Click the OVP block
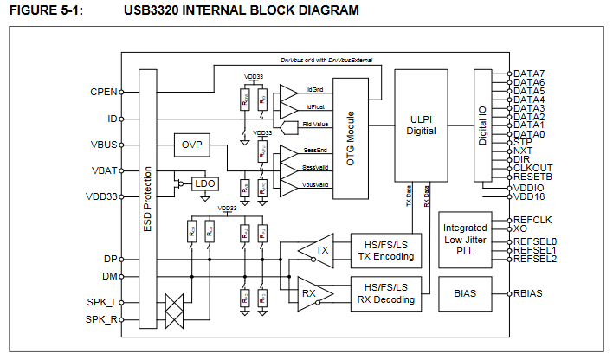[191, 145]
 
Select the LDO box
[204, 183]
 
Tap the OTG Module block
[351, 141]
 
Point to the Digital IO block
[483, 125]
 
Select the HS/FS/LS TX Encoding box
[382, 250]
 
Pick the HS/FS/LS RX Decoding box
[382, 294]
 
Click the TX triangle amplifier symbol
[318, 249]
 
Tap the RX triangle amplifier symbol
[308, 289]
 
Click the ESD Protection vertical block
[148, 201]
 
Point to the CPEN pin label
[103, 91]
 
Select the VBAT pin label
[104, 170]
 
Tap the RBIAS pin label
[528, 293]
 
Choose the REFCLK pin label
[532, 220]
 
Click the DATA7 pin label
[529, 74]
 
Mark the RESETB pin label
[532, 177]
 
